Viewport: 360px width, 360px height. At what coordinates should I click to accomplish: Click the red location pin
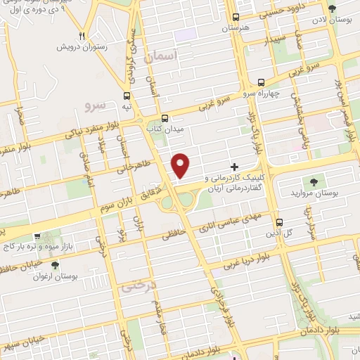click(x=181, y=165)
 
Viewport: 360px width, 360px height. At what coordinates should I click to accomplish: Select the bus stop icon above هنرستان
click(x=236, y=17)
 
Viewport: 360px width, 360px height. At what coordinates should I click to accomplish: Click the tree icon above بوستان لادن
click(x=332, y=9)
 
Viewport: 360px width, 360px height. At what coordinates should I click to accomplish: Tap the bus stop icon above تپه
click(x=127, y=96)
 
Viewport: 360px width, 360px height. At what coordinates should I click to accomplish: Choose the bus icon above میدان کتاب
click(x=165, y=118)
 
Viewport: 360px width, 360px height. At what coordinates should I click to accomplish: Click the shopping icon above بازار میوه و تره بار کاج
click(x=37, y=238)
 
